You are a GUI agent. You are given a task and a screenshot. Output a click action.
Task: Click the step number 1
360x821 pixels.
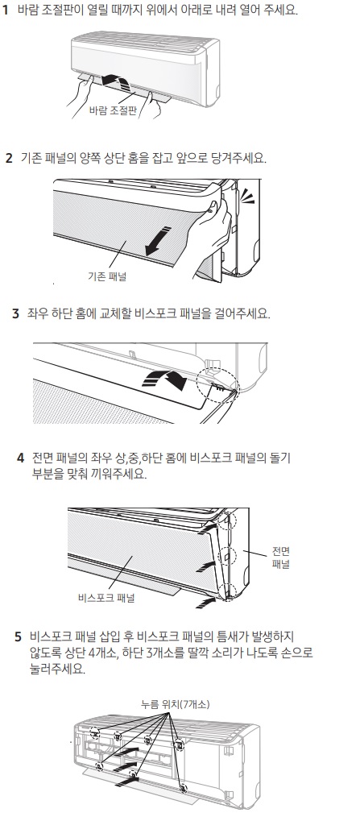[5, 10]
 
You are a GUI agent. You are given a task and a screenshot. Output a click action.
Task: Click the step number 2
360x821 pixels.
[9, 158]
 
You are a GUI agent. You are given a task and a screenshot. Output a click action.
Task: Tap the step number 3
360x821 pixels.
[15, 314]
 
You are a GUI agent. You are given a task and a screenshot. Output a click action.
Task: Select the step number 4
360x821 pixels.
[20, 458]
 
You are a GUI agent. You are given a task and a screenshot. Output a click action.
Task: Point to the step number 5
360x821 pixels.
[19, 637]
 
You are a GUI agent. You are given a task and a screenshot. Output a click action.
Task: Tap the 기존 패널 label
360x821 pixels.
[107, 276]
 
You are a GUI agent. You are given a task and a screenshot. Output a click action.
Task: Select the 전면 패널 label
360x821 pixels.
[281, 558]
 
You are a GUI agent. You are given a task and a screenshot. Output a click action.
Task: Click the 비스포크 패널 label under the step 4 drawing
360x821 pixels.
[106, 598]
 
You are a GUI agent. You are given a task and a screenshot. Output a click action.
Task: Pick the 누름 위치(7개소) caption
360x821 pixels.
[176, 705]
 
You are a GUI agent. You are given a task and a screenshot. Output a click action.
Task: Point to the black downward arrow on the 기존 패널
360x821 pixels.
[159, 240]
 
